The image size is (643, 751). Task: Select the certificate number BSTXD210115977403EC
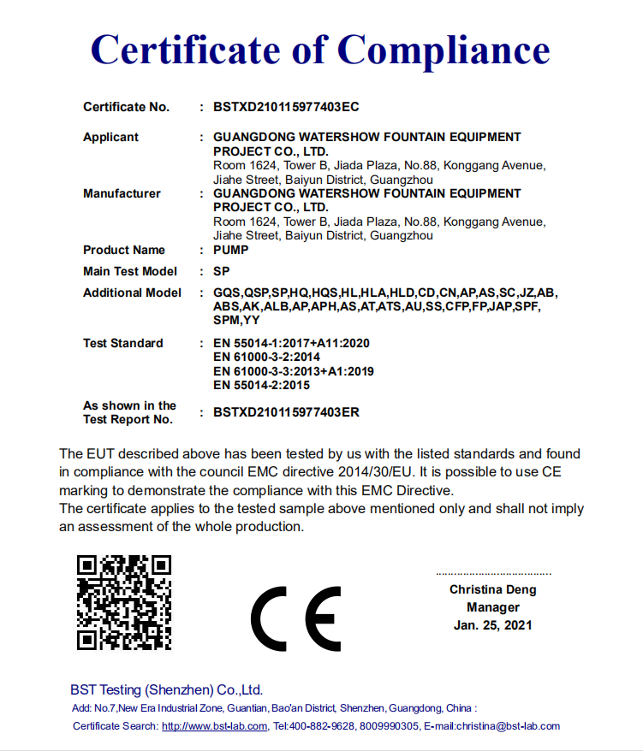pos(286,107)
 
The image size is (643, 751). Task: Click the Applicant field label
pos(110,137)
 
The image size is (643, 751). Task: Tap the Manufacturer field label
pos(122,193)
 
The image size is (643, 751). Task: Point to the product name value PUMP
pos(231,250)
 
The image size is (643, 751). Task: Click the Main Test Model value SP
pos(222,271)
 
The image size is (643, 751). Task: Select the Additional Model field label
pos(132,293)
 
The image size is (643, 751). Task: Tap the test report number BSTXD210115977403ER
pos(286,412)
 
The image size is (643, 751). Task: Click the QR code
pos(124,602)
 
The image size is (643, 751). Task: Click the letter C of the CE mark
pos(274,618)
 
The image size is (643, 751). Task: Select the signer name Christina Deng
pos(493,589)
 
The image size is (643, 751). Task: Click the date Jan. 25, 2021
pos(493,625)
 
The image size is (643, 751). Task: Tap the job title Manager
pos(493,607)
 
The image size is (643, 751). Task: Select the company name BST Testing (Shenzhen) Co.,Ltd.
pos(166,689)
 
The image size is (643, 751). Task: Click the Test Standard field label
pos(122,343)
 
